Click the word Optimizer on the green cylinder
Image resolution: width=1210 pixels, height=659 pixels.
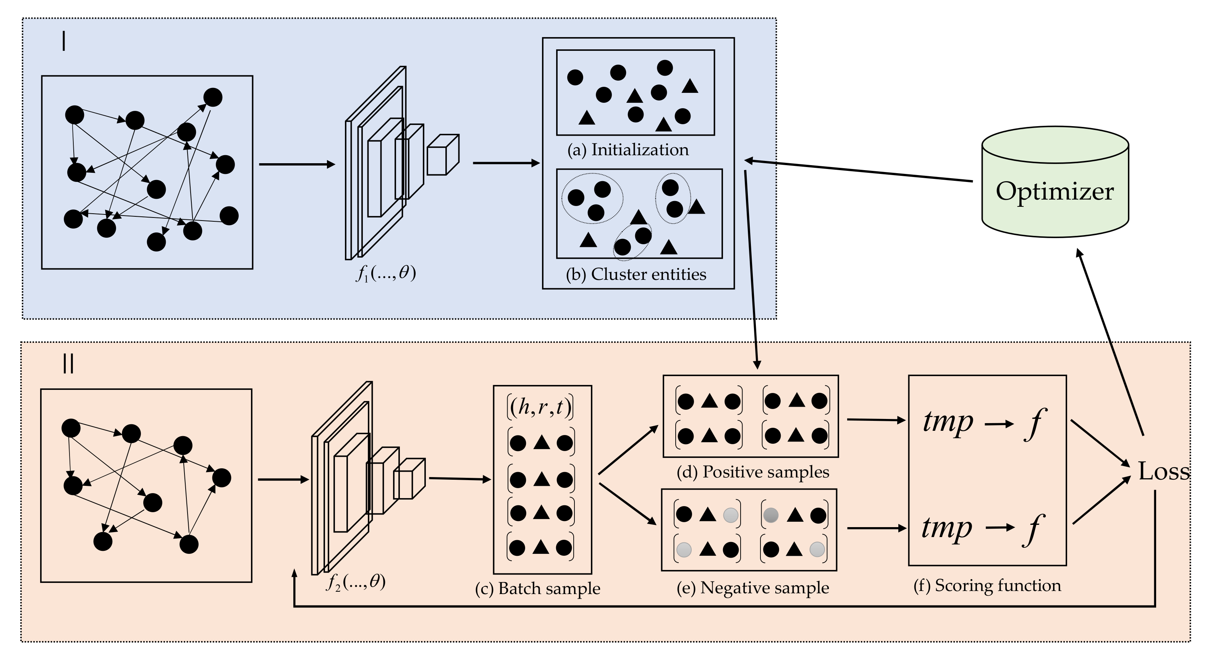[x=1054, y=191]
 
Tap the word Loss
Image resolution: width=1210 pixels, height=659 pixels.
[x=1163, y=471]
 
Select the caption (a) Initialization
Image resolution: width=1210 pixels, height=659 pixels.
[x=628, y=150]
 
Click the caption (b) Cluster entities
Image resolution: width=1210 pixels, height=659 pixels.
[x=636, y=274]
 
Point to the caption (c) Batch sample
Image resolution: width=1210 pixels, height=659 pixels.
[x=537, y=589]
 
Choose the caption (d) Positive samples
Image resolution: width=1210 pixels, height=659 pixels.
[x=752, y=472]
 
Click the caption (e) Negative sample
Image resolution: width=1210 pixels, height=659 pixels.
[x=752, y=588]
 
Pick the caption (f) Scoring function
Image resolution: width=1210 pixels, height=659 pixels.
[x=987, y=585]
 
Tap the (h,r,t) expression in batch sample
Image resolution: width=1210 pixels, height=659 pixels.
[x=540, y=407]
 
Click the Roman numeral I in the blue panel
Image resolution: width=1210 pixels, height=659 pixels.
[x=63, y=42]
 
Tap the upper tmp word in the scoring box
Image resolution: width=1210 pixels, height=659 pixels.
[x=948, y=421]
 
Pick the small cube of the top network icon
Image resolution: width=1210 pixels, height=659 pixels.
[x=442, y=155]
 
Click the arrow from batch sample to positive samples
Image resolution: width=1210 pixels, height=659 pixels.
[x=628, y=450]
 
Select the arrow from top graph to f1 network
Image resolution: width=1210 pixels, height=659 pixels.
[x=297, y=164]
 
